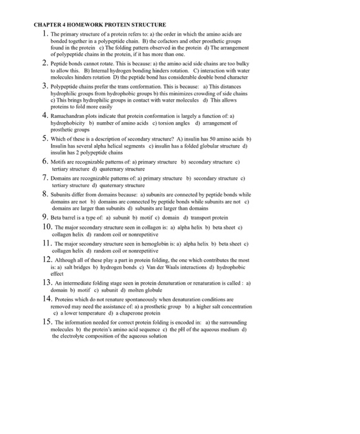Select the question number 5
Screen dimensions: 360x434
tap(45, 138)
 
